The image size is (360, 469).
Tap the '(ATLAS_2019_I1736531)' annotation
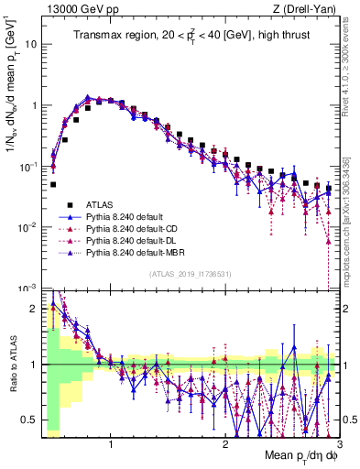189,275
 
